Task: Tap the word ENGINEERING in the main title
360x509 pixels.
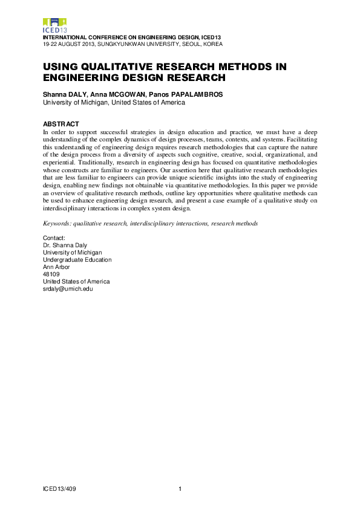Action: pyautogui.click(x=82, y=77)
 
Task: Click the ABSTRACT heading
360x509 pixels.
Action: pyautogui.click(x=61, y=124)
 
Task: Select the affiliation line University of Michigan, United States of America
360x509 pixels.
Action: pyautogui.click(x=113, y=103)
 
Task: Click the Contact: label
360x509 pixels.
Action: pyautogui.click(x=54, y=239)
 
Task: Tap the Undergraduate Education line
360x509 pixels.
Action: pyautogui.click(x=77, y=260)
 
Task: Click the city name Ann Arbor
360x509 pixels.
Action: pyautogui.click(x=55, y=267)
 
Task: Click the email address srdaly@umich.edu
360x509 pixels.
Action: pyautogui.click(x=67, y=289)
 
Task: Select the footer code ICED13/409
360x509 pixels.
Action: pyautogui.click(x=59, y=488)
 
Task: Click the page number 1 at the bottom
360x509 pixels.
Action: pyautogui.click(x=180, y=488)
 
